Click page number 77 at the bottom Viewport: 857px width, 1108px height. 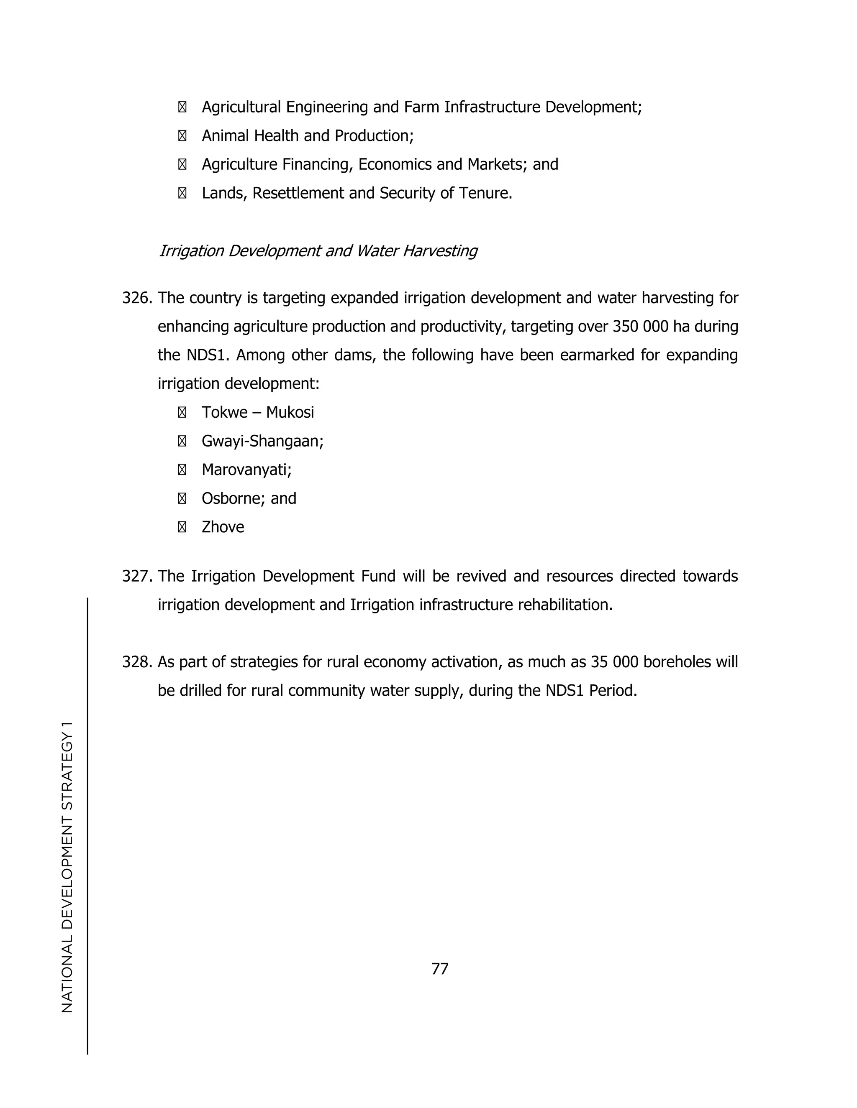pyautogui.click(x=440, y=969)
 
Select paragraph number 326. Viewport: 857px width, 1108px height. pyautogui.click(x=137, y=298)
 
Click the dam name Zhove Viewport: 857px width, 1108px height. pyautogui.click(x=223, y=528)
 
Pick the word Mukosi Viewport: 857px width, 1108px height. pyautogui.click(x=290, y=412)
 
